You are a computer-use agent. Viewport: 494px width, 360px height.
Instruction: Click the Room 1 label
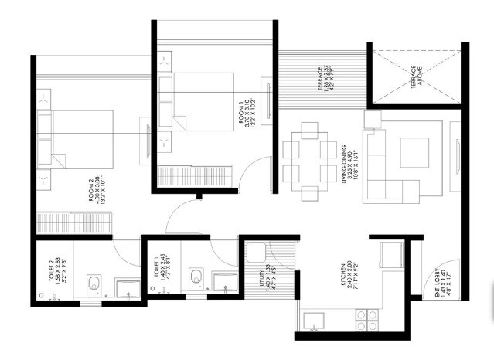point(246,112)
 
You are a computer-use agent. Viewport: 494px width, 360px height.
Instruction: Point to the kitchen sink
point(315,320)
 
